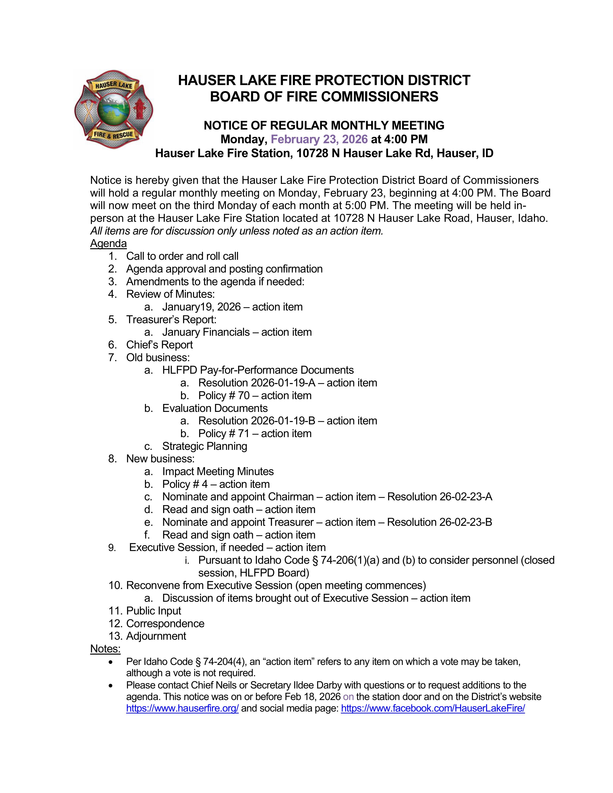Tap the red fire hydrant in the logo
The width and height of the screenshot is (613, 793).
tap(139, 108)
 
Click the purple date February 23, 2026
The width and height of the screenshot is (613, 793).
tap(319, 139)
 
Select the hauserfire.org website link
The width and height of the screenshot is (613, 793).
tap(182, 708)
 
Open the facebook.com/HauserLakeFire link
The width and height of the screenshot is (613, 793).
tap(433, 708)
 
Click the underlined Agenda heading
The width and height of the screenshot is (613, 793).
tap(108, 243)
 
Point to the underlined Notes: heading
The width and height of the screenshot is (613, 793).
tap(105, 649)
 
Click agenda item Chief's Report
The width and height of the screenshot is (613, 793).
tap(159, 345)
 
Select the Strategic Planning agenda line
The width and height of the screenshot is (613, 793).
tap(205, 446)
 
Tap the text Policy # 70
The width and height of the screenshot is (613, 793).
tap(224, 395)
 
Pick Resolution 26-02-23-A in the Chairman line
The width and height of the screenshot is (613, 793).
tap(439, 496)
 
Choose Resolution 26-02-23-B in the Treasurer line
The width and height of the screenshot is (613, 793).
tap(439, 522)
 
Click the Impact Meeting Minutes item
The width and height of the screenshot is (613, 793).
tap(218, 471)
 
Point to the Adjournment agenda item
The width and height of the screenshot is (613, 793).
tap(156, 636)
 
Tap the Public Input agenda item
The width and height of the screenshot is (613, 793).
tap(154, 611)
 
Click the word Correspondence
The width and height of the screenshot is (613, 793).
tap(165, 623)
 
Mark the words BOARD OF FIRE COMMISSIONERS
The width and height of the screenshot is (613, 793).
tap(324, 97)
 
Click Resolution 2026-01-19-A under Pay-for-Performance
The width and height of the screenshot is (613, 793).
tap(257, 383)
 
